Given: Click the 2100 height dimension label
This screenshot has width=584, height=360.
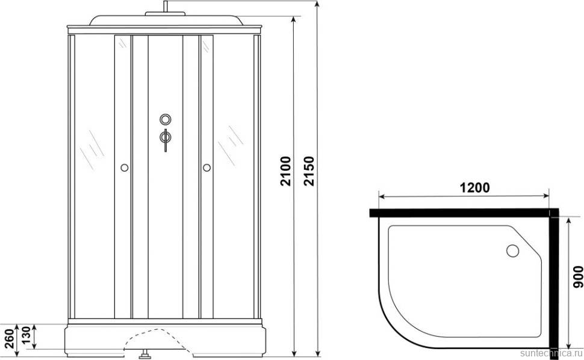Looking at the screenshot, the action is (285, 171).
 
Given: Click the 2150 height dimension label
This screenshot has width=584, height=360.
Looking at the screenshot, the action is (309, 171).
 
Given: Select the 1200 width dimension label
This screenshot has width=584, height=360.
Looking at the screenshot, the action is (474, 188).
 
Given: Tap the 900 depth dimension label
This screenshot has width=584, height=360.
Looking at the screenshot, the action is (577, 276).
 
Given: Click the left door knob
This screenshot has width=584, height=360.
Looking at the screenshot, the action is (125, 167).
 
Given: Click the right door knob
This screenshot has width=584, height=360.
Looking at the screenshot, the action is (207, 167).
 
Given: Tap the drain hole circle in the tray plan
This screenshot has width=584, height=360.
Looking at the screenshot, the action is (512, 250).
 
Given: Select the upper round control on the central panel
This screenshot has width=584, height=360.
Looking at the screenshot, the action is (166, 119).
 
